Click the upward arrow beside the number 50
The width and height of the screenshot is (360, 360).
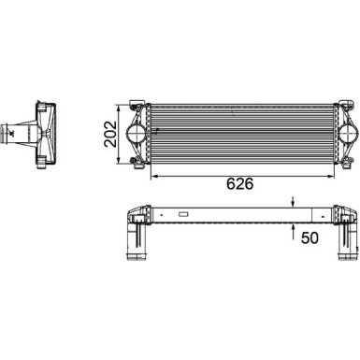[294, 227]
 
